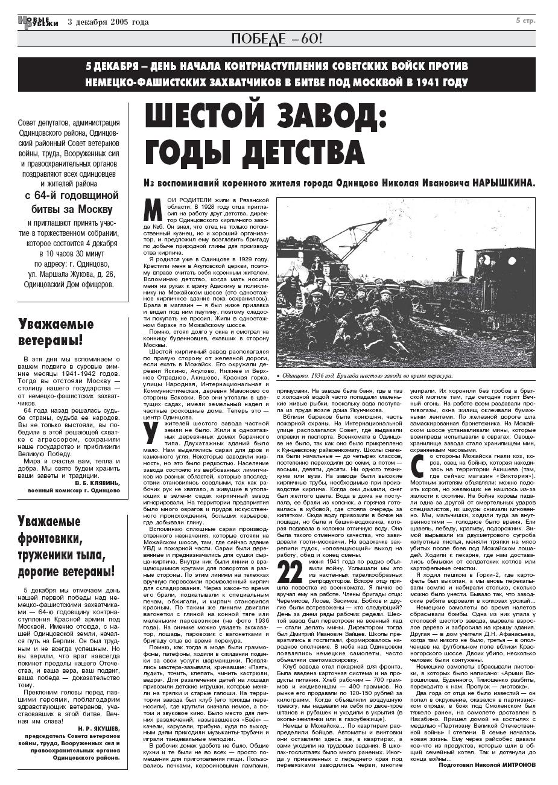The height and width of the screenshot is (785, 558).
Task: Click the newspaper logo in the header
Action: click(38, 22)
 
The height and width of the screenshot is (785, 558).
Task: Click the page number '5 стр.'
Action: click(525, 21)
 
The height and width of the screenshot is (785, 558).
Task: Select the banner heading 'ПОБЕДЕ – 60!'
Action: click(277, 39)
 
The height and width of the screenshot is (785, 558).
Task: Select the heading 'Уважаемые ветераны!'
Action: click(56, 332)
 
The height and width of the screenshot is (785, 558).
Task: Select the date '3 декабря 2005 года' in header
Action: click(108, 22)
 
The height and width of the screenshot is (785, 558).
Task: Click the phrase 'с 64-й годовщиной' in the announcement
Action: click(72, 195)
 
